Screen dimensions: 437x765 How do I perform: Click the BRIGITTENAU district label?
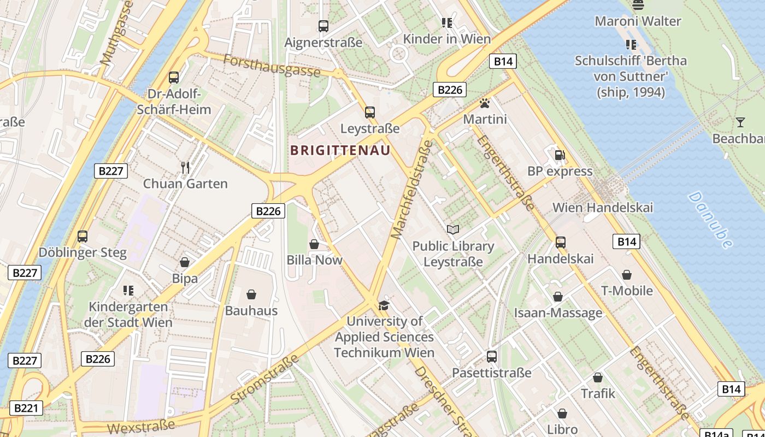tap(340, 150)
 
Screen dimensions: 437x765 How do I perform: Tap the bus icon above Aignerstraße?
tap(323, 26)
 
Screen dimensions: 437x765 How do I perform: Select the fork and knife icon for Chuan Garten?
tap(185, 167)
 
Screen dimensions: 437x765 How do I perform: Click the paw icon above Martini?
tap(484, 103)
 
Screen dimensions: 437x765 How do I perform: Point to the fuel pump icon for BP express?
tap(560, 155)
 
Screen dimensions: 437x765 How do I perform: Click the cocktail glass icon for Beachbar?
tap(740, 122)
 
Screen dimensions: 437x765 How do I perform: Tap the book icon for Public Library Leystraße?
tap(453, 229)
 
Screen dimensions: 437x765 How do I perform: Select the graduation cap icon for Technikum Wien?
tap(384, 305)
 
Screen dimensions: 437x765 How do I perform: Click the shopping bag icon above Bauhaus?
tap(251, 295)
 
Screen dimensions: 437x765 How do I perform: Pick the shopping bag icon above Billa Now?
tap(314, 244)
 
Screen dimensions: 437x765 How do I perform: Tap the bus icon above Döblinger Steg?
tap(83, 237)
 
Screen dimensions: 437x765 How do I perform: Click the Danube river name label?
tap(710, 220)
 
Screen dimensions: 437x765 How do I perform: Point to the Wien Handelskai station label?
tap(603, 208)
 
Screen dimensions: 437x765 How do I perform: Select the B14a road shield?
tap(716, 434)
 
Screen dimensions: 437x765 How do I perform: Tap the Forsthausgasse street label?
tap(271, 64)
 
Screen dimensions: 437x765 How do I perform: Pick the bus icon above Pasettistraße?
tap(492, 357)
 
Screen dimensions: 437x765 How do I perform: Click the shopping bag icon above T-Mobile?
tap(627, 274)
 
